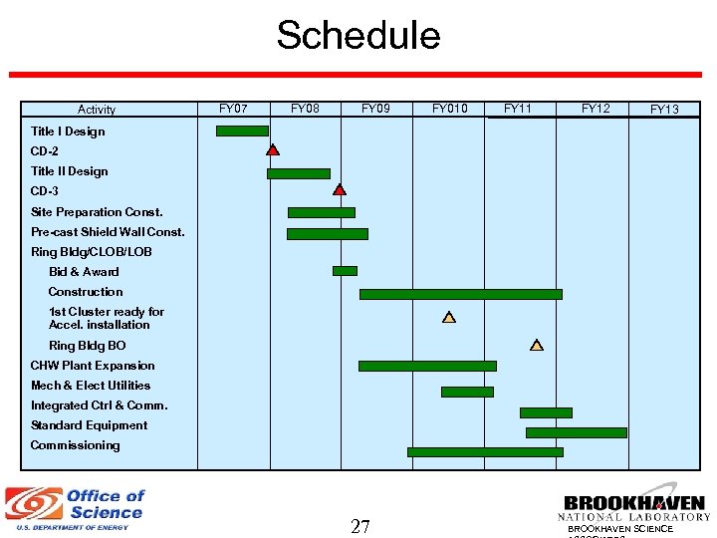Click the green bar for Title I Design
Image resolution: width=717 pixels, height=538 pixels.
tap(242, 131)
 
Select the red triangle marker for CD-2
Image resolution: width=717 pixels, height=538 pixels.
tap(273, 150)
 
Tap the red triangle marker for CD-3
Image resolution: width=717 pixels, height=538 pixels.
tap(340, 189)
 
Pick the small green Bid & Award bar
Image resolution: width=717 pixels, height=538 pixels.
tap(345, 270)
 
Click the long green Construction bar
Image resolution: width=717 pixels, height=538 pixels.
tap(460, 294)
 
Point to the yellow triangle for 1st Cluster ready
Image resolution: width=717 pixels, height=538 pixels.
tap(449, 318)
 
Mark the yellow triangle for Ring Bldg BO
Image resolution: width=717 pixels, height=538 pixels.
tap(537, 346)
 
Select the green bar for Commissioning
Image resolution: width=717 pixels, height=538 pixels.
tap(485, 451)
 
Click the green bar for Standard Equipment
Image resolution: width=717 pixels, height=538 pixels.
tap(576, 432)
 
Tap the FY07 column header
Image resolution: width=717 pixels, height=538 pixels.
tap(233, 109)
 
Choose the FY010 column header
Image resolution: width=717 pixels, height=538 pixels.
tap(449, 109)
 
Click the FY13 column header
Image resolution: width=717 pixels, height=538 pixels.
tap(663, 110)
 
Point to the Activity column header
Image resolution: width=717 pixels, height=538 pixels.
tap(97, 110)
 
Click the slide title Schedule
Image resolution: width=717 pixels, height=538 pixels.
tap(358, 36)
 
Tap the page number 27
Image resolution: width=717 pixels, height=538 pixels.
tap(359, 526)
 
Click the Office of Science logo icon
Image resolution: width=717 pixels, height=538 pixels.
tap(33, 505)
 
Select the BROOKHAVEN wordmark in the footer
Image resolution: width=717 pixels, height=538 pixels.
tap(633, 504)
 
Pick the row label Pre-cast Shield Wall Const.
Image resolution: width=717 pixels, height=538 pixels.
tap(108, 232)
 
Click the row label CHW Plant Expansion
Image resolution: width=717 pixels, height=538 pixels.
tap(93, 366)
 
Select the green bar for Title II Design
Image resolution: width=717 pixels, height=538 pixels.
tap(298, 173)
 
